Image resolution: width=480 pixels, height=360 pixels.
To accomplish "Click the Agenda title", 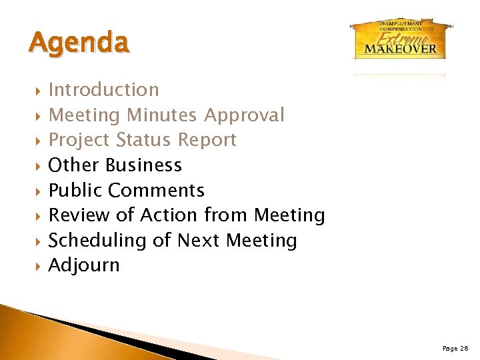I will pyautogui.click(x=79, y=43).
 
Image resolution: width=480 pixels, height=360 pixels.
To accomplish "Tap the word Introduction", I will pyautogui.click(x=104, y=90).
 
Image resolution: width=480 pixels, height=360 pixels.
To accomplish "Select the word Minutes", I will pyautogui.click(x=162, y=115).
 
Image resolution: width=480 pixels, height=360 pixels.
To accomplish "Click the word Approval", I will pyautogui.click(x=244, y=115).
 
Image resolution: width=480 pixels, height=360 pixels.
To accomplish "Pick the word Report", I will pyautogui.click(x=207, y=140).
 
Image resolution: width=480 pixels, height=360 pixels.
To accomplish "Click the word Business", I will pyautogui.click(x=143, y=165).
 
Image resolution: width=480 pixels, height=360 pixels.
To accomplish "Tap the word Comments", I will pyautogui.click(x=156, y=191).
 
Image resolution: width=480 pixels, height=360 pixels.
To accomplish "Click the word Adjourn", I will pyautogui.click(x=84, y=265).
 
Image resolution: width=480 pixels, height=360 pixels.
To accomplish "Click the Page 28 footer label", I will pyautogui.click(x=455, y=348).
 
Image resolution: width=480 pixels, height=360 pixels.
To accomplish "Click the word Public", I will pyautogui.click(x=76, y=191).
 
